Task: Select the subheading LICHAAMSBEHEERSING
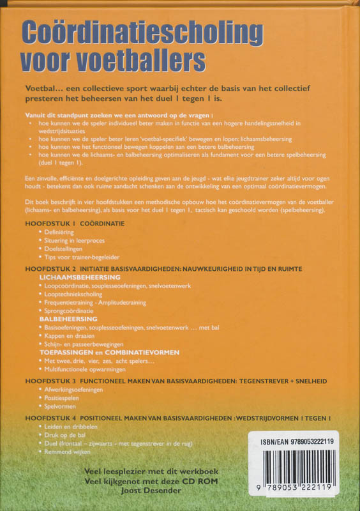pos(80,278)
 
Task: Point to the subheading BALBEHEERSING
pos(68,317)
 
